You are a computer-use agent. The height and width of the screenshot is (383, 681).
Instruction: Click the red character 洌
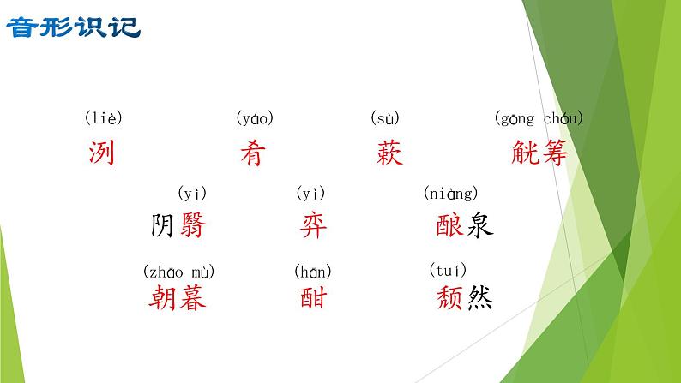[101, 153]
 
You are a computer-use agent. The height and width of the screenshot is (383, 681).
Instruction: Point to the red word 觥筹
[539, 153]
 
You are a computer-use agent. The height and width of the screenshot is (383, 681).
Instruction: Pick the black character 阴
[163, 225]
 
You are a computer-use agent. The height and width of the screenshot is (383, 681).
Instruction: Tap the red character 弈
[313, 225]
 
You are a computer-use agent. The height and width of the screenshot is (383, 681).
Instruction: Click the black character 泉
[479, 225]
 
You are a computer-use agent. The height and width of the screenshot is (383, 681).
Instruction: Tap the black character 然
[479, 297]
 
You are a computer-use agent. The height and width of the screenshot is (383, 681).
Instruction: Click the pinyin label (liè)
[103, 118]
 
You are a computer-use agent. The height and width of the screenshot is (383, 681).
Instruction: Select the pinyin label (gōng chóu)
[539, 118]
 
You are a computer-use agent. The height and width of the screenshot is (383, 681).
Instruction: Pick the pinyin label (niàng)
[450, 194]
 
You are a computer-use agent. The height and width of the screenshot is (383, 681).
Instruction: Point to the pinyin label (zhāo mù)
[178, 272]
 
